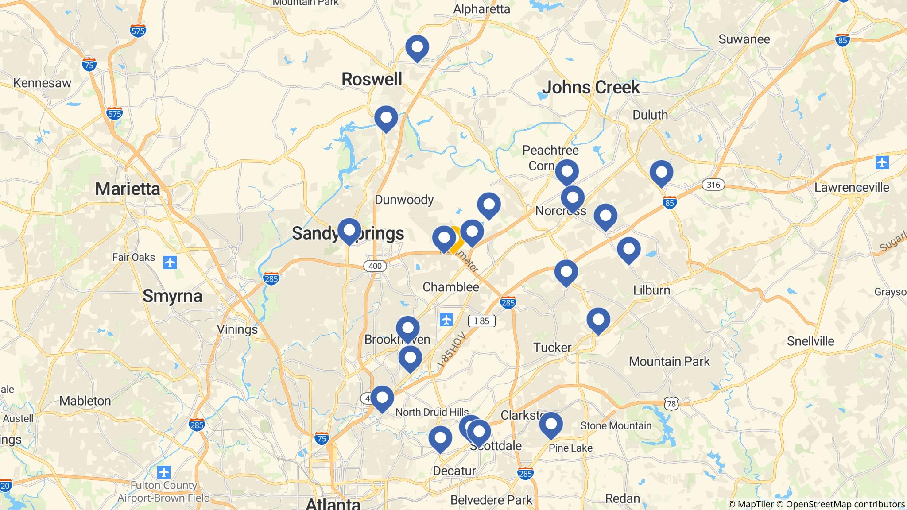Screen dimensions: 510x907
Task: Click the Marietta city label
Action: [128, 189]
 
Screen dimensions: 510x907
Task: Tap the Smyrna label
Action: [172, 296]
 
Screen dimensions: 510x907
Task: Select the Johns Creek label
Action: [591, 88]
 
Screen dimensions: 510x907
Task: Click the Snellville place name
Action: [810, 341]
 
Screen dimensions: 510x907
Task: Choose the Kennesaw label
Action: [42, 83]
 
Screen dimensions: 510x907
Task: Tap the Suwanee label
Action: [744, 39]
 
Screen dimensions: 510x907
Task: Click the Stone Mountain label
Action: [616, 426]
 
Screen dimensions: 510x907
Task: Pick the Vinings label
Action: [237, 329]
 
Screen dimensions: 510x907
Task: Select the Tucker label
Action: [552, 348]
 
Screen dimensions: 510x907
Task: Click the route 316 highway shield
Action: [713, 185]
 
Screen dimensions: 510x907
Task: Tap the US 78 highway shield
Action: [671, 403]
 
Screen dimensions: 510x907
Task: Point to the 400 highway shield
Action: [375, 266]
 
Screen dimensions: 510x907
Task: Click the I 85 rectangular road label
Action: [481, 321]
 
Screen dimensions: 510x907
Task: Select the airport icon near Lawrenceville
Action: [882, 162]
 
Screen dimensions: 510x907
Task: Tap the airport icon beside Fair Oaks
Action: [170, 263]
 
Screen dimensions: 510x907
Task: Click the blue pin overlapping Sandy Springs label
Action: [349, 230]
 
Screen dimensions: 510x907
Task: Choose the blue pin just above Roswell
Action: [417, 47]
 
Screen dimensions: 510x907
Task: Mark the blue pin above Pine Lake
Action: [550, 424]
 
